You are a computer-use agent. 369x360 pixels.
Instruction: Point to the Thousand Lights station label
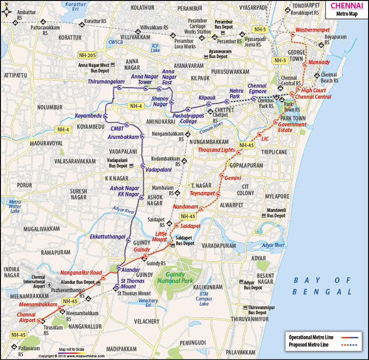[216, 150]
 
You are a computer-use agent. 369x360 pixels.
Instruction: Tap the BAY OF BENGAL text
[323, 286]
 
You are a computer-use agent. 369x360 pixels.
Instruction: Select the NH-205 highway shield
[88, 55]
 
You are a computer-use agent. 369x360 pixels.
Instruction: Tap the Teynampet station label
[202, 193]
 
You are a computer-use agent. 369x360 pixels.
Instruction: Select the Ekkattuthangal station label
[108, 237]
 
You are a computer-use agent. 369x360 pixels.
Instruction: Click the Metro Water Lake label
[15, 205]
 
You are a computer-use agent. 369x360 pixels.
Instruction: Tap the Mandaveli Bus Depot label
[276, 213]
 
